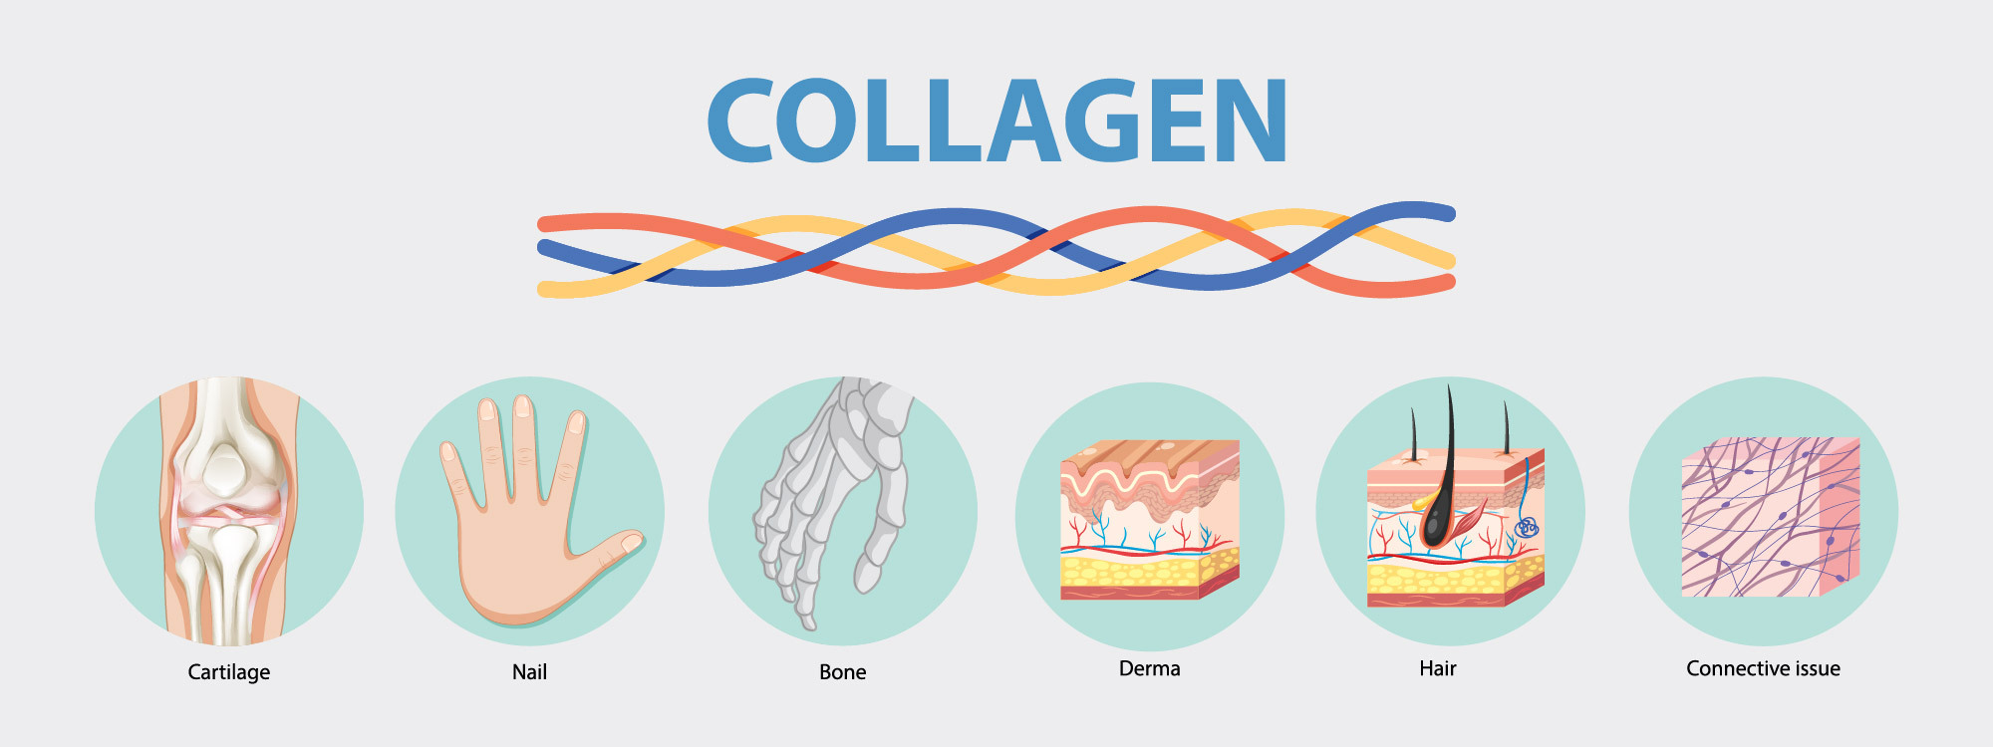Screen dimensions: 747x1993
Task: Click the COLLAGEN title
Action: click(x=996, y=122)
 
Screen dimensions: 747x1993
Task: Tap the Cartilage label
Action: click(x=229, y=672)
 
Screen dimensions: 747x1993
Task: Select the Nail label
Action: click(x=529, y=672)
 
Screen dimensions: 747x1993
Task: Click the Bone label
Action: click(x=842, y=672)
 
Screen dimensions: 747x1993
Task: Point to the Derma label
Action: click(x=1149, y=668)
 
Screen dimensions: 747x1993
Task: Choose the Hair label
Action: click(x=1437, y=668)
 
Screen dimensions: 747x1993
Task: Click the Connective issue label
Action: click(x=1763, y=668)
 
